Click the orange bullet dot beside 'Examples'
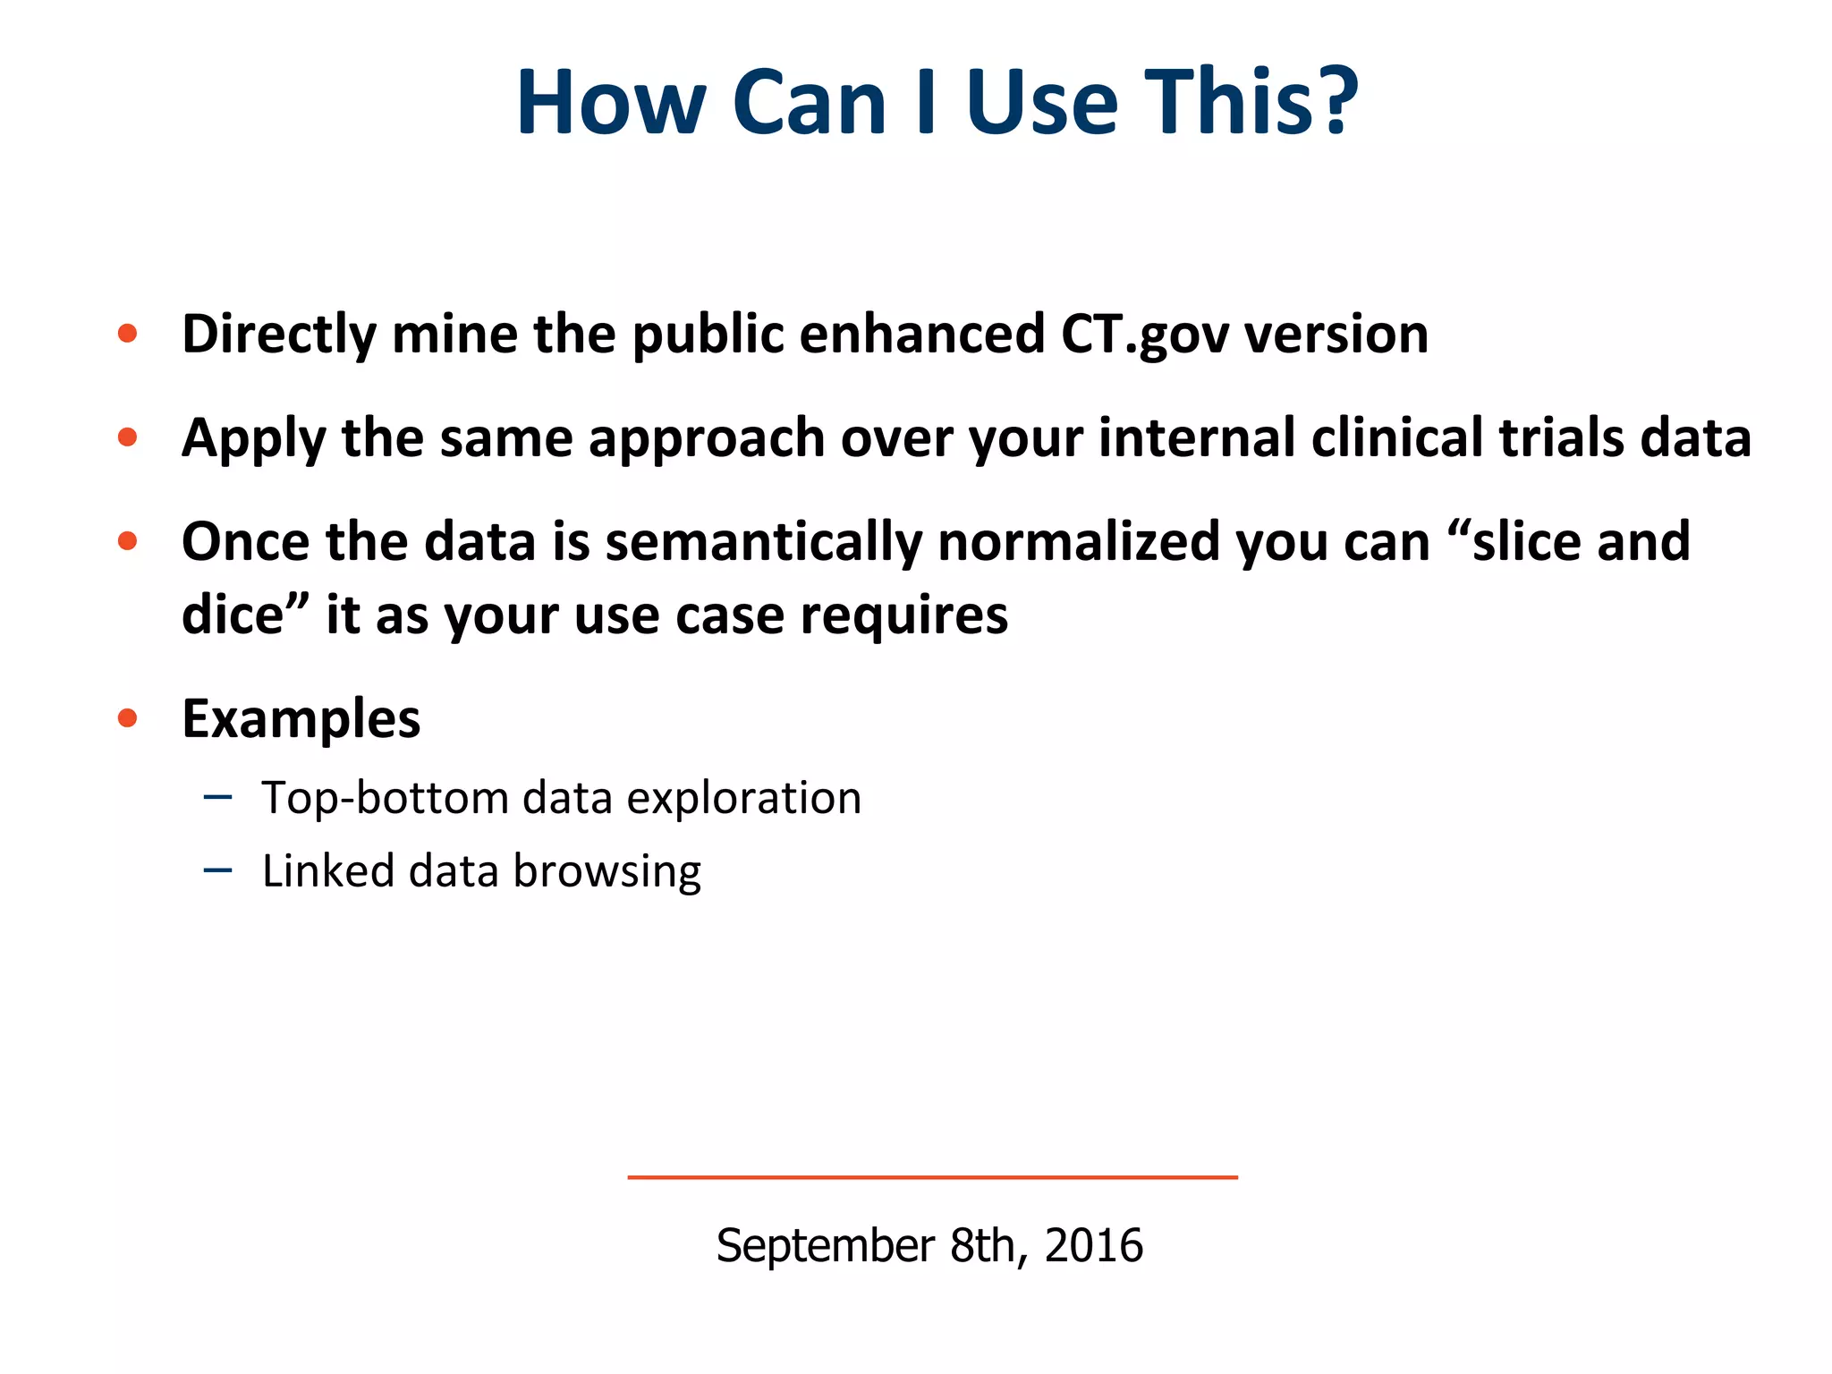coord(128,717)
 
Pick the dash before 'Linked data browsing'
coord(217,869)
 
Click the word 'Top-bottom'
coord(385,799)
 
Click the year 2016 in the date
coord(1093,1245)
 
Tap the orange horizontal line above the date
coord(932,1177)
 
